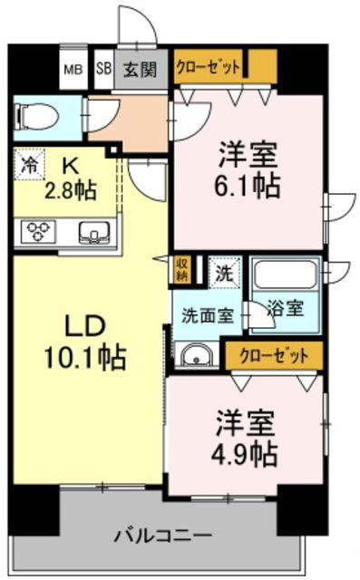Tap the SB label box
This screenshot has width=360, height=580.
pyautogui.click(x=102, y=68)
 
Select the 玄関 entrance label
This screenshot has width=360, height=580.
pyautogui.click(x=140, y=68)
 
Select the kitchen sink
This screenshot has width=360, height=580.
pyautogui.click(x=92, y=232)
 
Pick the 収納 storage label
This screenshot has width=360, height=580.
pyautogui.click(x=182, y=268)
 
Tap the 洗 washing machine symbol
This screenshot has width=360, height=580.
pyautogui.click(x=223, y=270)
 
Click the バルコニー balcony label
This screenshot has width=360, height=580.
pyautogui.click(x=163, y=535)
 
